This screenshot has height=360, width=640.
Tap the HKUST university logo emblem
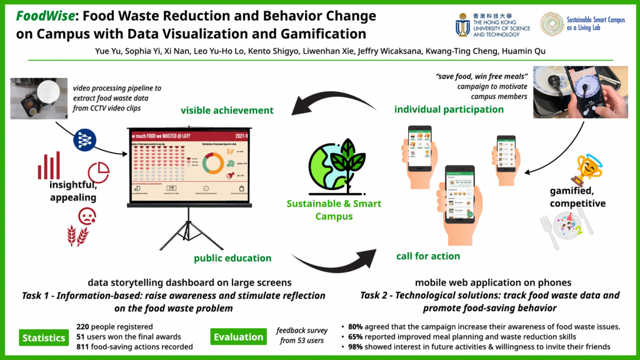463,24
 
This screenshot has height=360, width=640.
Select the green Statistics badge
44,337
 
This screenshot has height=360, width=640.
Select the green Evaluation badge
239,337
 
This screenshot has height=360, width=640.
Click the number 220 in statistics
84,327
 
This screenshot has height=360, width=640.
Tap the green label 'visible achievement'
227,110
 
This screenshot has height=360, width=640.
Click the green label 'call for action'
427,256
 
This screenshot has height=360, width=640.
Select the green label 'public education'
232,258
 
